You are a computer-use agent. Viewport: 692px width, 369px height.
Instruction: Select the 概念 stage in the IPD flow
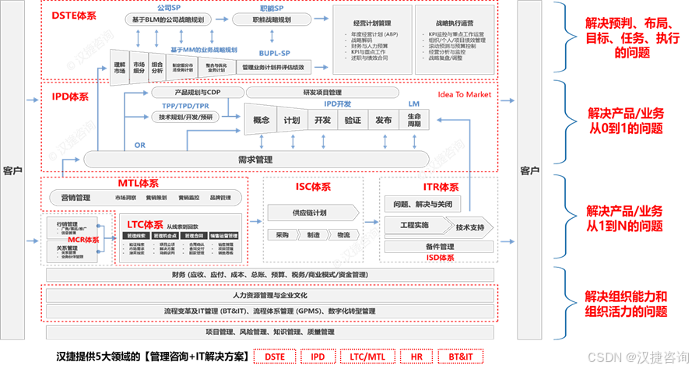262,121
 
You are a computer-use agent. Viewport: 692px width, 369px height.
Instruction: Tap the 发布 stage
383,121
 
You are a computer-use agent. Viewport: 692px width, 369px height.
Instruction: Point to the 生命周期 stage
413,121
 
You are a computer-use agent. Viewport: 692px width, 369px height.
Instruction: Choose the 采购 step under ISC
281,234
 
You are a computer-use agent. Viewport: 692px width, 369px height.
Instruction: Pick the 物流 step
343,234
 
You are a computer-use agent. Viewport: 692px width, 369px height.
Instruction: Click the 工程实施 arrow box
414,225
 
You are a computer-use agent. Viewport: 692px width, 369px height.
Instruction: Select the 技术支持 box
470,227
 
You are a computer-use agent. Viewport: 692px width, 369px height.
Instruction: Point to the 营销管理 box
76,198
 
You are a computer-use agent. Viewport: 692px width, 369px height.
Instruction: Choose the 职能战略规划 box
272,19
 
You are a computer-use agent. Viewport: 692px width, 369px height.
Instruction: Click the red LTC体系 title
143,223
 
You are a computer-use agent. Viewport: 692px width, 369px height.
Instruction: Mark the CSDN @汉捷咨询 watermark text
634,356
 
